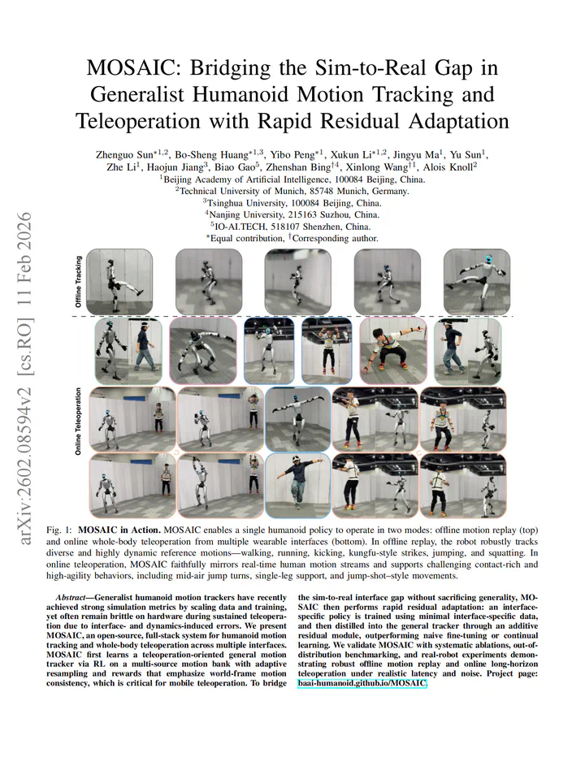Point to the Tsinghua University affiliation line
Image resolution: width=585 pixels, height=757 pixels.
292,203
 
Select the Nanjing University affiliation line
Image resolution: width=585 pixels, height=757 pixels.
292,215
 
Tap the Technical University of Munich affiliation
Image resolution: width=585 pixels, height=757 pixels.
292,192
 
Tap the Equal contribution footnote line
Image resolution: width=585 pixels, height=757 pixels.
292,239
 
